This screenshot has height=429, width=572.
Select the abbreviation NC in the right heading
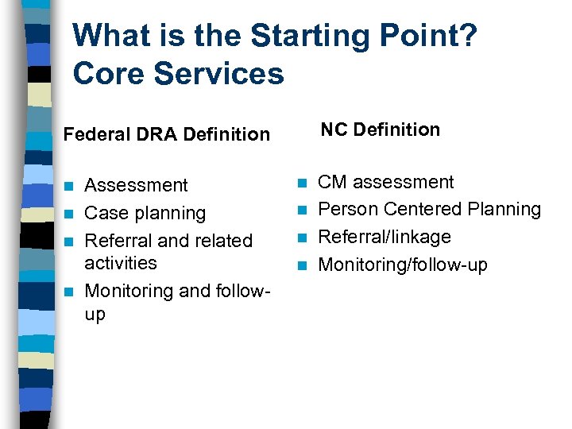(334, 129)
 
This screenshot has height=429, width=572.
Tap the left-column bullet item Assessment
(136, 186)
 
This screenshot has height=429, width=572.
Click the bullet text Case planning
(145, 214)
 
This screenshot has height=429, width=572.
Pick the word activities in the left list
(121, 263)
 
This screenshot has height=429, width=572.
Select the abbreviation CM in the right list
(332, 182)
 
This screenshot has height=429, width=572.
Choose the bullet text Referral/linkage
(384, 237)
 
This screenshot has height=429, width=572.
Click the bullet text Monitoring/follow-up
(403, 265)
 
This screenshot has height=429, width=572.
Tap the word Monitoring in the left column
(129, 291)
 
